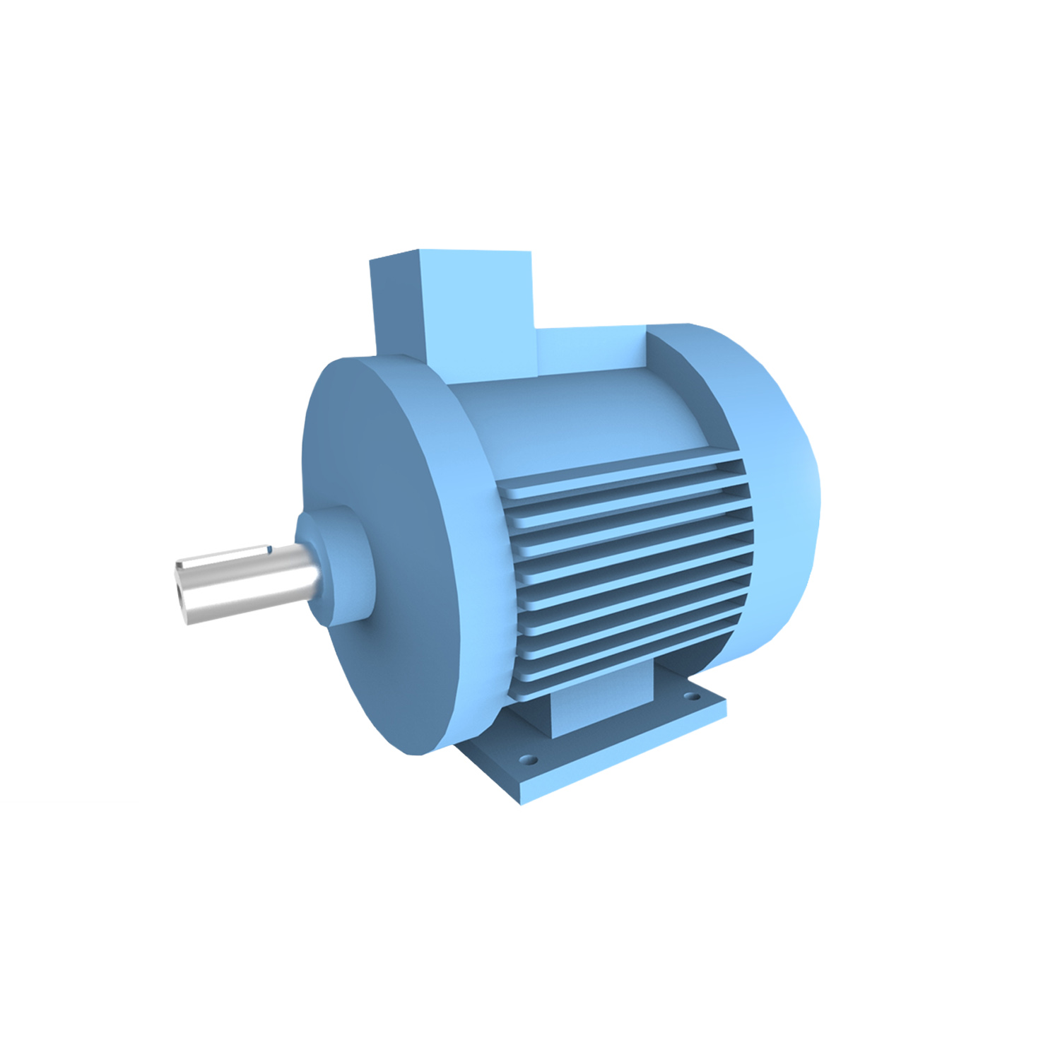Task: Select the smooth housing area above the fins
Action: pos(579,417)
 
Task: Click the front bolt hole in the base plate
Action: pos(526,761)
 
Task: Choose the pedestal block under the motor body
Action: pos(601,707)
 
